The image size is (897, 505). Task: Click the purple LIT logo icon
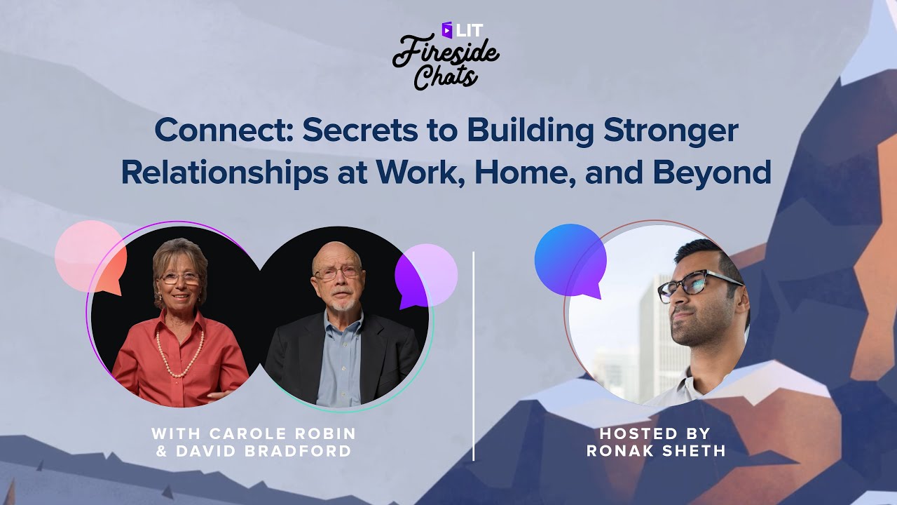tap(447, 29)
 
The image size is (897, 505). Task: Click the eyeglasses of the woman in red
tap(180, 278)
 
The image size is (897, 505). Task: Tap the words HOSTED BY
tap(655, 433)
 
